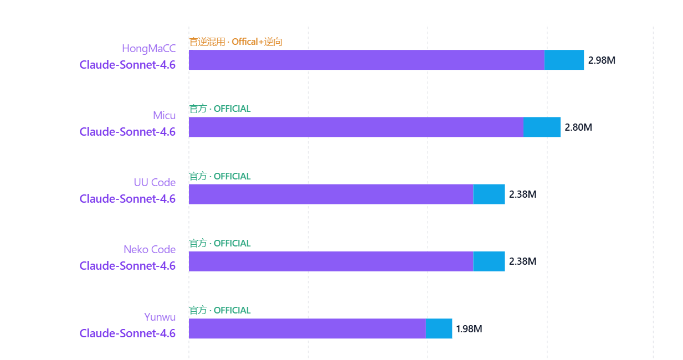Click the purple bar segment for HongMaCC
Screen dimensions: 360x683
[366, 60]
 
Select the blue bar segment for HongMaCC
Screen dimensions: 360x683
[564, 60]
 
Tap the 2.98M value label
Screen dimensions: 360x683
[602, 60]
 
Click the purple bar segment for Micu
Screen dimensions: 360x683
[356, 127]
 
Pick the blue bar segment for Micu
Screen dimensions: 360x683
[542, 127]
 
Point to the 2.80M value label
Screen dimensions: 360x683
[578, 127]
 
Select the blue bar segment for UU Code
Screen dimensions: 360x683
[489, 194]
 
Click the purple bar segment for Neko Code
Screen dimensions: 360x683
[331, 261]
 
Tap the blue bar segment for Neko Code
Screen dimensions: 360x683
[489, 261]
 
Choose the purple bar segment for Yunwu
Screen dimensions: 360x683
[307, 328]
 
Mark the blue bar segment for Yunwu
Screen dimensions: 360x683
[439, 328]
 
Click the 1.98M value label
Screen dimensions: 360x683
[469, 329]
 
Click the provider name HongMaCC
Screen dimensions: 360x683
[148, 49]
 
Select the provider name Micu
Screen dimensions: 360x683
[164, 116]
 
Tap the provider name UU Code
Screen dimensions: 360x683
[155, 183]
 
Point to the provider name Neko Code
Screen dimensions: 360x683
[150, 250]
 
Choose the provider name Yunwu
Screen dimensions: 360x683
[160, 317]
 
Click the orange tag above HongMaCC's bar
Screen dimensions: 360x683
[236, 42]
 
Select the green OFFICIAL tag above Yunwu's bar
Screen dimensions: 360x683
[220, 310]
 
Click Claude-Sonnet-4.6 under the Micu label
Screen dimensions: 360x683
[127, 132]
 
